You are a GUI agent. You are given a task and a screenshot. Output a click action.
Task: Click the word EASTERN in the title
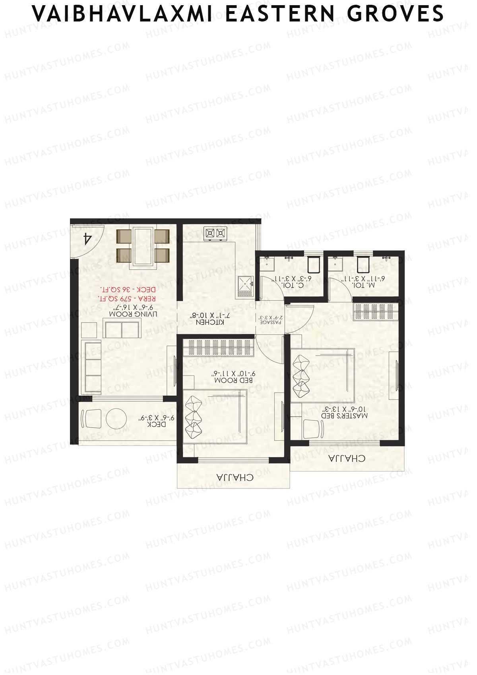pyautogui.click(x=280, y=14)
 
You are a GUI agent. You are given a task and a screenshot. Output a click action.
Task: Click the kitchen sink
pyautogui.click(x=245, y=283)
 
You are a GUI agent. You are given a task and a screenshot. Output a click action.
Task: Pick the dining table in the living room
pyautogui.click(x=143, y=245)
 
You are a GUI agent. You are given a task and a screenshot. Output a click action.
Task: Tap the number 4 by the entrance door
pyautogui.click(x=87, y=239)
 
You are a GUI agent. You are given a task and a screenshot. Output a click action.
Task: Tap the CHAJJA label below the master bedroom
pyautogui.click(x=347, y=459)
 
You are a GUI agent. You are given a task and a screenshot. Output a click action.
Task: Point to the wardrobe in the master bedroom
pyautogui.click(x=375, y=312)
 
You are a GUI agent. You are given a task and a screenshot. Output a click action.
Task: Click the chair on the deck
pyautogui.click(x=91, y=418)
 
